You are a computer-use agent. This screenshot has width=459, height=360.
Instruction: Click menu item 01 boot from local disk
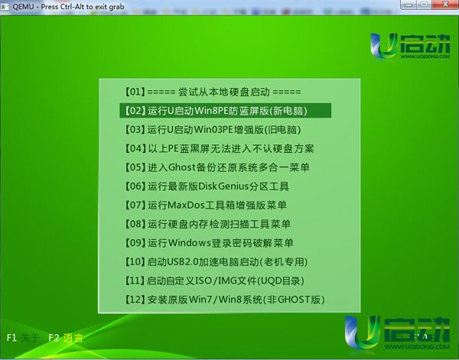tap(213, 92)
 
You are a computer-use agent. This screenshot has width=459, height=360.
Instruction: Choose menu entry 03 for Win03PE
tap(213, 129)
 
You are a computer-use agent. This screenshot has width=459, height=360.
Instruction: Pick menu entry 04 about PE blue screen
tap(219, 148)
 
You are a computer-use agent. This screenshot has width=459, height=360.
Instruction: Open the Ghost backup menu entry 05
tap(217, 167)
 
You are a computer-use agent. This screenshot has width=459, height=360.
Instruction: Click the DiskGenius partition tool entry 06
tap(207, 186)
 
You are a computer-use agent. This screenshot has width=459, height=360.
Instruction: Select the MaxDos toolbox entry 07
tap(206, 205)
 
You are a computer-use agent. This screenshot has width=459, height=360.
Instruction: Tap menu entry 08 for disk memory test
tap(207, 224)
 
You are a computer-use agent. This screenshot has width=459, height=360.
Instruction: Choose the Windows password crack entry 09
tap(209, 243)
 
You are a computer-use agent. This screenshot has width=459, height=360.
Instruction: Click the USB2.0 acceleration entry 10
tap(216, 261)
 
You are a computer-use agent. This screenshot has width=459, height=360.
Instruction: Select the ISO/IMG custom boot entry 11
tap(214, 281)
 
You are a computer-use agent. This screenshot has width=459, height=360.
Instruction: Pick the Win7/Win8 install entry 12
tap(224, 300)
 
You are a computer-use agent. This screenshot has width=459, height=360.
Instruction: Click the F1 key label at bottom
tap(11, 338)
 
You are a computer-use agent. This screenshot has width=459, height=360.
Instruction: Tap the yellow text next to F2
tap(73, 338)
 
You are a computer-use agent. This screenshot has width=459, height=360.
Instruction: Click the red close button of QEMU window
tap(445, 5)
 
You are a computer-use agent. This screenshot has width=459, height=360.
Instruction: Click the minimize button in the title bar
tap(409, 5)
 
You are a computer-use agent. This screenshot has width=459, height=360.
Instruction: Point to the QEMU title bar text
tap(68, 6)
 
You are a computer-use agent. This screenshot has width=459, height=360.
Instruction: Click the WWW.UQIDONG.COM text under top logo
tap(425, 57)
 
